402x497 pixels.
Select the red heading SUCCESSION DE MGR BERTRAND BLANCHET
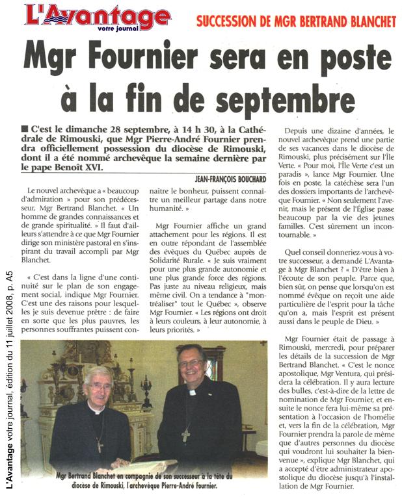(296, 22)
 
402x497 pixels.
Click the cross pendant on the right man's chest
(185, 434)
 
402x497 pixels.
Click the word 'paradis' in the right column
(293, 193)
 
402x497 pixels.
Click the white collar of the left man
(96, 411)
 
